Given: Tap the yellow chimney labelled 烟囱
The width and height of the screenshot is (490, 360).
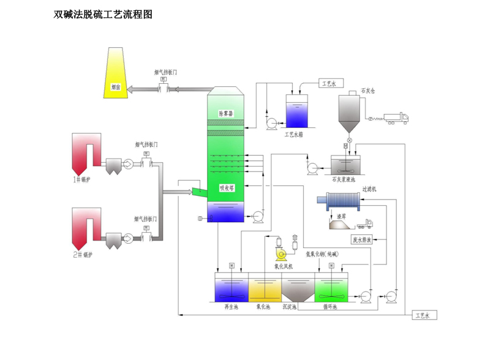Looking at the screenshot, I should [115, 73].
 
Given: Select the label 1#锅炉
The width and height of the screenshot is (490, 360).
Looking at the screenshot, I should [81, 179].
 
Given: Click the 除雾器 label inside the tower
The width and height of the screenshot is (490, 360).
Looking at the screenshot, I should [227, 113].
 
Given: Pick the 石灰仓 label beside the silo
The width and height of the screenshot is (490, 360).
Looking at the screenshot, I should [367, 91].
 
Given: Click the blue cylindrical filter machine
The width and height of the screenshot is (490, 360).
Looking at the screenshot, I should [346, 200].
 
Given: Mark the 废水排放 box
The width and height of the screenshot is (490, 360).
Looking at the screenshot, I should [361, 239].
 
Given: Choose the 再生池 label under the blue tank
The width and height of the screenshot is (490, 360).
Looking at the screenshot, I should [230, 307].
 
